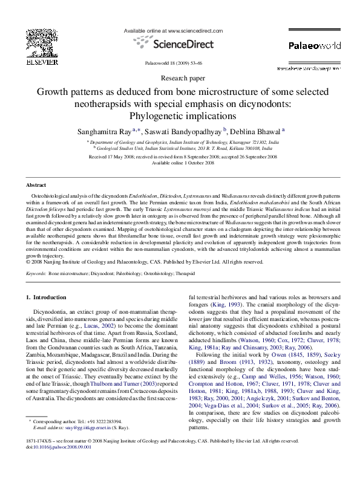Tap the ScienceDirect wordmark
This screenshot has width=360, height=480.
[x=179, y=44]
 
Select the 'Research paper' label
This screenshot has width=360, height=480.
[x=180, y=79]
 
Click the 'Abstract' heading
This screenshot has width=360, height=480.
[x=38, y=184]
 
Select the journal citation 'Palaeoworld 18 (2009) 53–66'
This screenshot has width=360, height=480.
[x=180, y=63]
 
